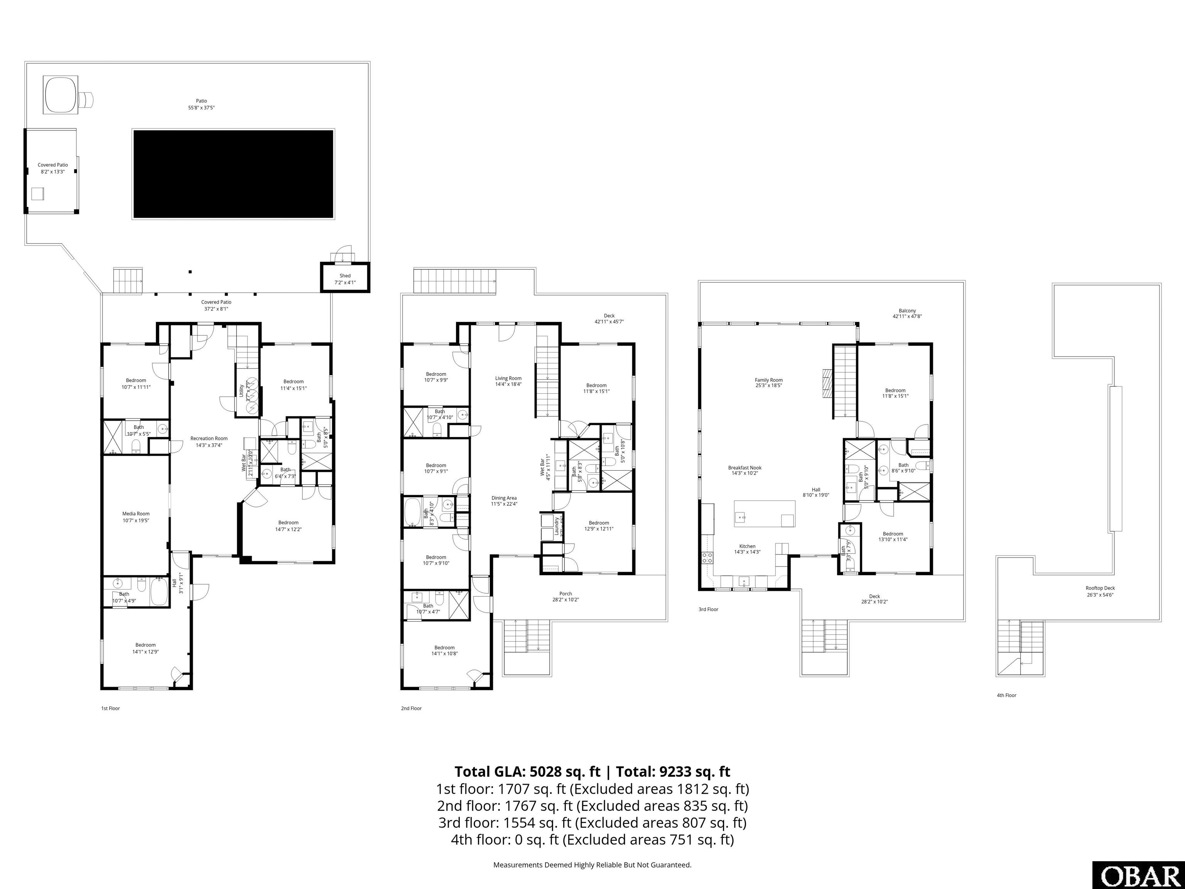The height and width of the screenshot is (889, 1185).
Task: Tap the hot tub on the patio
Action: [61, 95]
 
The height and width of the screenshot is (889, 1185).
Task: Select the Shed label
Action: [345, 276]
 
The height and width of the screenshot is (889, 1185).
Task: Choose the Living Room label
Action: [508, 378]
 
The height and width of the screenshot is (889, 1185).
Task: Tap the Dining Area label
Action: [503, 498]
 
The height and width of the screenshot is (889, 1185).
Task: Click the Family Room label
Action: [769, 380]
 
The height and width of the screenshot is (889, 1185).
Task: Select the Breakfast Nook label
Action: [744, 468]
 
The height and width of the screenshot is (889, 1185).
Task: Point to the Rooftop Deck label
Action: [1101, 588]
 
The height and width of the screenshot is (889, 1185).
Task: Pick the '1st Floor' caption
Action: [110, 708]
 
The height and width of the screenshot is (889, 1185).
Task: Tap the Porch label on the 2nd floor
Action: [565, 594]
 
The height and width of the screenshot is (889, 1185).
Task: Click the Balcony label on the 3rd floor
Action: [907, 311]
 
